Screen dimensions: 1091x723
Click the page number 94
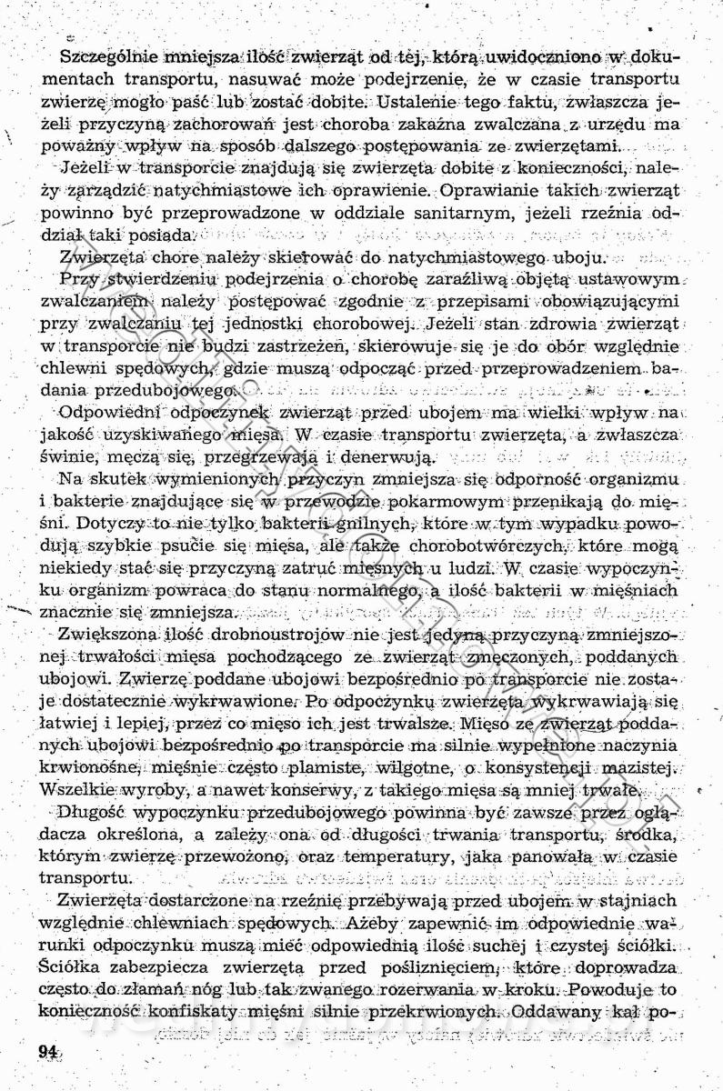[48, 1052]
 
